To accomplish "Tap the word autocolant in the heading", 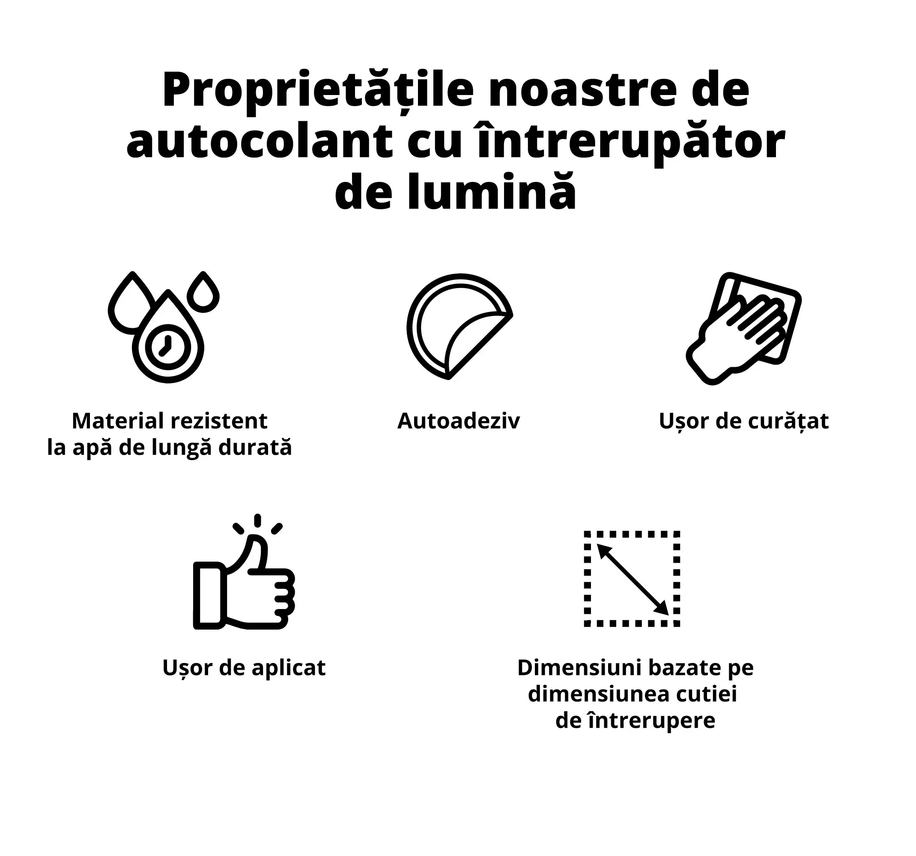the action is point(260,142).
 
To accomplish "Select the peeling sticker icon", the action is point(459,327).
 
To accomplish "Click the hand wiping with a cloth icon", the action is point(744,328).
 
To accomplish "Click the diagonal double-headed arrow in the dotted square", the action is point(633,579).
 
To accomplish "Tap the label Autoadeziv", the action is point(459,420).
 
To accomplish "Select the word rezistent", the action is point(219,420).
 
